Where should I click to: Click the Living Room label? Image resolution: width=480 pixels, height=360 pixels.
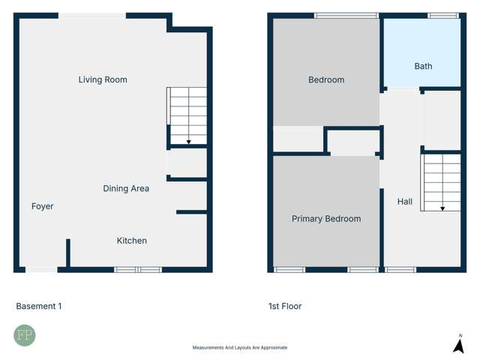pos(103,79)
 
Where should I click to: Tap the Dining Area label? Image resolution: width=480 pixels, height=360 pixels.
pos(126,188)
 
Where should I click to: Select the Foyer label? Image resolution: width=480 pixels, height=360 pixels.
pos(43,206)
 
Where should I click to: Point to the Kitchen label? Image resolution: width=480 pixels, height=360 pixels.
pos(132,241)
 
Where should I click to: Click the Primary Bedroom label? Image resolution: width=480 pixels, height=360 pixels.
pos(326,219)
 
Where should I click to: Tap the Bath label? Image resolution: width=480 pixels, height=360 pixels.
pos(423,66)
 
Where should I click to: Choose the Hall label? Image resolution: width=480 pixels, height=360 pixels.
pos(405,201)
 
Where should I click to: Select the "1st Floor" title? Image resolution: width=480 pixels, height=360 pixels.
pos(285,306)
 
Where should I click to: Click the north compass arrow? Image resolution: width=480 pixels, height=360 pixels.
pos(458,345)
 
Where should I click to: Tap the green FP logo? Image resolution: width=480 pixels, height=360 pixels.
pos(24,335)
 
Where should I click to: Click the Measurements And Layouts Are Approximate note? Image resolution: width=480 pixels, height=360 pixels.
pos(240,347)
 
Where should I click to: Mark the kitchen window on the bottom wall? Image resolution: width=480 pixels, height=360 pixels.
pos(138,269)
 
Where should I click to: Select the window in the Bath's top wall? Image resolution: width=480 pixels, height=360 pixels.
pos(442,15)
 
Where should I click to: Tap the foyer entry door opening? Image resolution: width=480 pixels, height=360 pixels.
pos(41,269)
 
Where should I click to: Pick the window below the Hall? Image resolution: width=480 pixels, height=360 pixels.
pos(400,269)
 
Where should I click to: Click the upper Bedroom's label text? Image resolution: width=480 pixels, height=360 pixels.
pos(326,79)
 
